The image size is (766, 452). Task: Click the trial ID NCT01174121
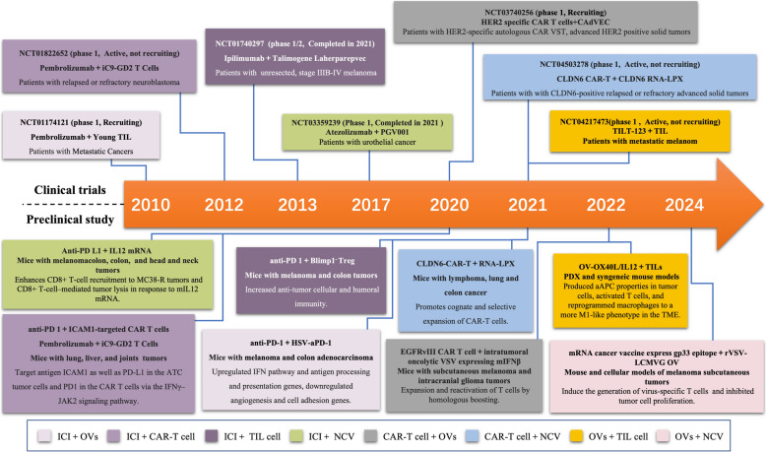click(44, 121)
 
